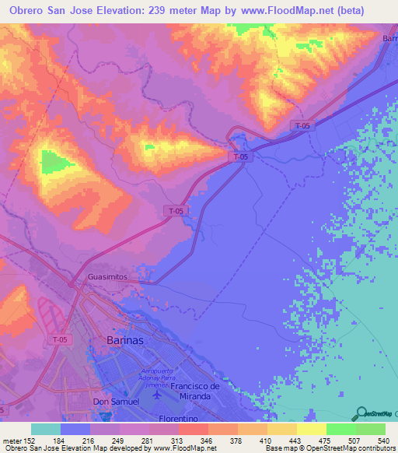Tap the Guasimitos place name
pos(107,277)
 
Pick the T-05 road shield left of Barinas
pos(61,339)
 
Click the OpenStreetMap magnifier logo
pos(360,413)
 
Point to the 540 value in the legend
pos(383,441)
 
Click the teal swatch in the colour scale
pos(46,429)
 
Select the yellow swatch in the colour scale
pos(311,429)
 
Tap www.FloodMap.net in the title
pos(286,9)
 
